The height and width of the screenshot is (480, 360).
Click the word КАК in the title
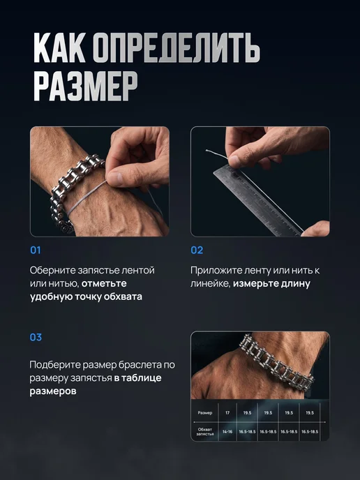59,47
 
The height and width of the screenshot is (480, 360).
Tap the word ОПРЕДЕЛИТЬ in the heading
176,49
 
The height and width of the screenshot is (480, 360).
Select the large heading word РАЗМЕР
85,86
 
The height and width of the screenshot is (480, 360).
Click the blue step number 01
35,250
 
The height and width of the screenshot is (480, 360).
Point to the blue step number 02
197,250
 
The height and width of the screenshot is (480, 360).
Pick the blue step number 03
36,338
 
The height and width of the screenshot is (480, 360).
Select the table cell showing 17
227,412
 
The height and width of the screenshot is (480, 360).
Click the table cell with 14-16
227,432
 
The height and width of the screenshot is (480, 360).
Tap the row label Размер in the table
205,412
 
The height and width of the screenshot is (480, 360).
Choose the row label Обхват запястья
205,432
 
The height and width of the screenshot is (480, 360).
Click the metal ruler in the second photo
257,200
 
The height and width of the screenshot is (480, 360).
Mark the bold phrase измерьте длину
271,284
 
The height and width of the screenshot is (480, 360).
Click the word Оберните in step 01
52,270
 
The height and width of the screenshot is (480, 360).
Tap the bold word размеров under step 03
53,391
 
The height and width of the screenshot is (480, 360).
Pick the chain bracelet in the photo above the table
276,362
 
